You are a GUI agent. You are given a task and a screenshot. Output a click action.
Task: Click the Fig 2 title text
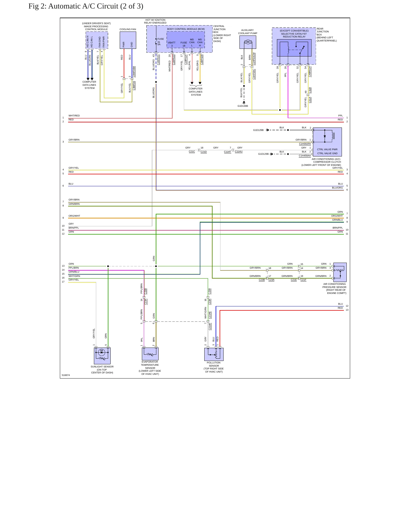(x=86, y=6)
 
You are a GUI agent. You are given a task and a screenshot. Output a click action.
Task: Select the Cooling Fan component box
(x=128, y=40)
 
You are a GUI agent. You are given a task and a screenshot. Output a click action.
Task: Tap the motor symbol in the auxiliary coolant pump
(x=248, y=42)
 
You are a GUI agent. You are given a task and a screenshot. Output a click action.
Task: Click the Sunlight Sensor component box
(x=102, y=356)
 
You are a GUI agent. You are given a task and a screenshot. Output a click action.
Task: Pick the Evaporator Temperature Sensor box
(x=150, y=354)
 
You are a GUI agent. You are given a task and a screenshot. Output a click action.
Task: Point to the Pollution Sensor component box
(x=214, y=354)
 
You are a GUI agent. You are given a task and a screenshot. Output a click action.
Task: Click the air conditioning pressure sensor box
(x=340, y=272)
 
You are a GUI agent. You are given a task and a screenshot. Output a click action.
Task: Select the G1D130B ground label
(x=243, y=106)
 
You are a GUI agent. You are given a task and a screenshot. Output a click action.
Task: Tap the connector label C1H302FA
(x=305, y=144)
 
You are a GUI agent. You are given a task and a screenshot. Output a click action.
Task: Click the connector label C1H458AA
(x=305, y=156)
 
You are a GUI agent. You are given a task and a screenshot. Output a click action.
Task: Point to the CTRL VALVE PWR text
(x=327, y=149)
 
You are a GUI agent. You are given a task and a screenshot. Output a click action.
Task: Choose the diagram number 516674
(x=66, y=375)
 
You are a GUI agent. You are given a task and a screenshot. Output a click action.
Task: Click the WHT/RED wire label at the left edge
(x=74, y=116)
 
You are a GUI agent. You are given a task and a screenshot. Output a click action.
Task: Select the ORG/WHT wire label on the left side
(x=74, y=216)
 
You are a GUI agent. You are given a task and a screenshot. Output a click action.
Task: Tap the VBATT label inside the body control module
(x=172, y=43)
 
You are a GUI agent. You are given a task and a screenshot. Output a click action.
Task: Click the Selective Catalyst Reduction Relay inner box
(x=294, y=48)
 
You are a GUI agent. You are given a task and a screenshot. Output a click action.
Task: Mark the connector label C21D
(x=204, y=152)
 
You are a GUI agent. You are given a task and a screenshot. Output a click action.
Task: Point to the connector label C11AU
(x=239, y=151)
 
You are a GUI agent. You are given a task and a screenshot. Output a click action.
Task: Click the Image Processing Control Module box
(x=97, y=40)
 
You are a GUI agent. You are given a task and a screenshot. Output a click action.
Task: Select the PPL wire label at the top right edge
(x=340, y=116)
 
